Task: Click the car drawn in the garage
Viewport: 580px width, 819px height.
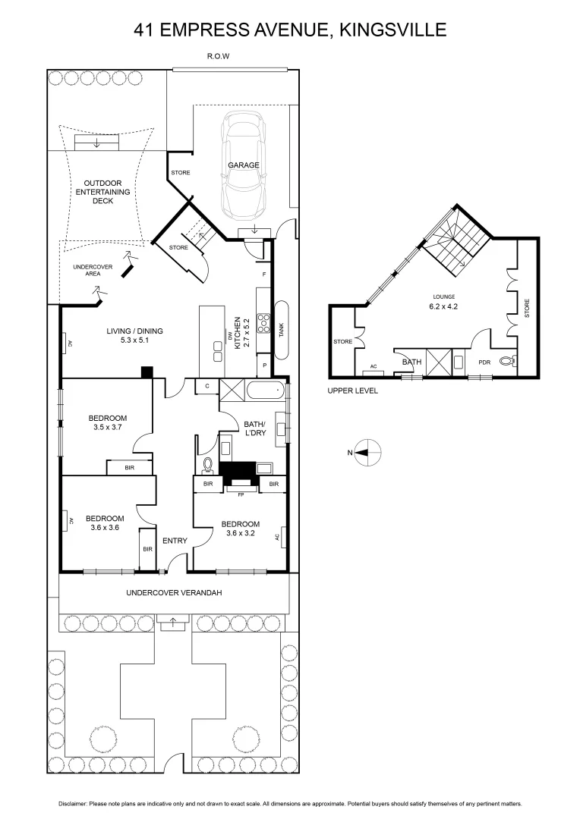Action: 242,165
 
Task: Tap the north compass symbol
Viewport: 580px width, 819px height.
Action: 367,453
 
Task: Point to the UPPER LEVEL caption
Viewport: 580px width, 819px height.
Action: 352,391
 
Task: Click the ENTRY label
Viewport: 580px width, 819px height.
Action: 175,541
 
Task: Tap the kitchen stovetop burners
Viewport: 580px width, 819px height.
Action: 263,323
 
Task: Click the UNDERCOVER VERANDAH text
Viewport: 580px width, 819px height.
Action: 174,592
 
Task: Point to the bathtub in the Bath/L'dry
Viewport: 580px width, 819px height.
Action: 261,391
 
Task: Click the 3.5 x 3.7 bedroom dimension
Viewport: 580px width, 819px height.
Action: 107,428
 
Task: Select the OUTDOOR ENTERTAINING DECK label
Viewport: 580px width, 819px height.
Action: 107,192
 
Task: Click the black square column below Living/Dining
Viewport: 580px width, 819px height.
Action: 147,372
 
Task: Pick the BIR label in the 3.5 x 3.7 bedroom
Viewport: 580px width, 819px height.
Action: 129,469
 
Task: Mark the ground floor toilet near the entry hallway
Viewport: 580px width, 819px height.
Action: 208,463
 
